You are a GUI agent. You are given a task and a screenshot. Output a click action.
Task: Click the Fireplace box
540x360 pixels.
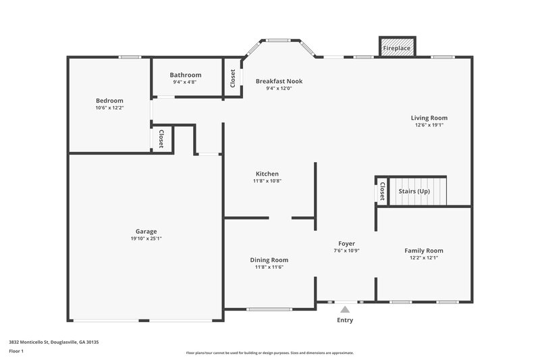[397, 48]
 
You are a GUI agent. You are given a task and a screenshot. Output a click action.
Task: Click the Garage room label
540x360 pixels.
[146, 231]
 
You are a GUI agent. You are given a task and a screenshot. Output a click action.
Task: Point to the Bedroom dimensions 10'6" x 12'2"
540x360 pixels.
[109, 108]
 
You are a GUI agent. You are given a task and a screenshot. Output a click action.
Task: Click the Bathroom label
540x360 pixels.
[186, 75]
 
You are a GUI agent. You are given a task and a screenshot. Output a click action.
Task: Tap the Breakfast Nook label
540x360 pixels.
[279, 81]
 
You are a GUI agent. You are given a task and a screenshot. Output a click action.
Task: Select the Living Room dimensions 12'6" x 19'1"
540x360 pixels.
[429, 125]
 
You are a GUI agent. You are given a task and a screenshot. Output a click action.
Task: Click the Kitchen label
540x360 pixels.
[267, 174]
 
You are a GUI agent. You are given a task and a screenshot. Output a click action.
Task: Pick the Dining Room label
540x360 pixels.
[269, 260]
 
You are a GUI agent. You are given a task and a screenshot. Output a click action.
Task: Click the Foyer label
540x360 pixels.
[346, 243]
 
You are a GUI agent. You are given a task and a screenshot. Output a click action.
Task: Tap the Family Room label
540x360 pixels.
[424, 251]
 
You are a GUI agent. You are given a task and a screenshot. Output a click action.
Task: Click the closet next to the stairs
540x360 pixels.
[382, 191]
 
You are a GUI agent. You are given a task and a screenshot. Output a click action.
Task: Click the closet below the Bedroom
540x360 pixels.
[162, 139]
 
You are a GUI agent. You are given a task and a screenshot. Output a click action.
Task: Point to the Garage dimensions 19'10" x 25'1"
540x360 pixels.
[146, 238]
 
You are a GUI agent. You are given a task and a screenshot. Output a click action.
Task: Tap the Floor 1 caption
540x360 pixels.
[16, 352]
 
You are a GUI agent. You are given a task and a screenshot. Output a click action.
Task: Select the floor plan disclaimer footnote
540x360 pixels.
[269, 353]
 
